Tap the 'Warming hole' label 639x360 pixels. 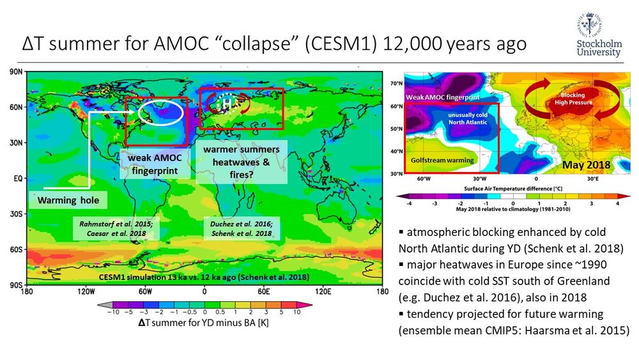click(x=66, y=200)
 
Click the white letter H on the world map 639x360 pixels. click(x=226, y=104)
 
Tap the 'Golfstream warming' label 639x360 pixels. click(x=442, y=160)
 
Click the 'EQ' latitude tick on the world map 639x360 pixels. click(x=16, y=180)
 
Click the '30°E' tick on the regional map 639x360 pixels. click(x=593, y=179)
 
